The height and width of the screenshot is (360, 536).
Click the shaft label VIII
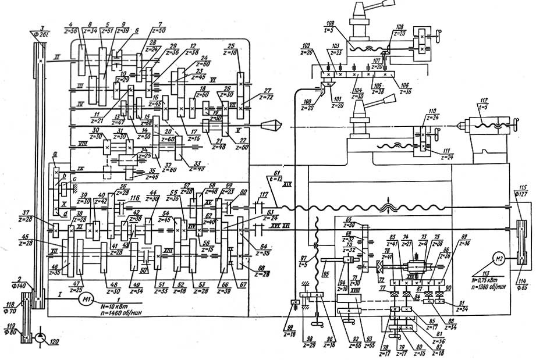[83, 142]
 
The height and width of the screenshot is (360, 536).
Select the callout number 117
[265, 195]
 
